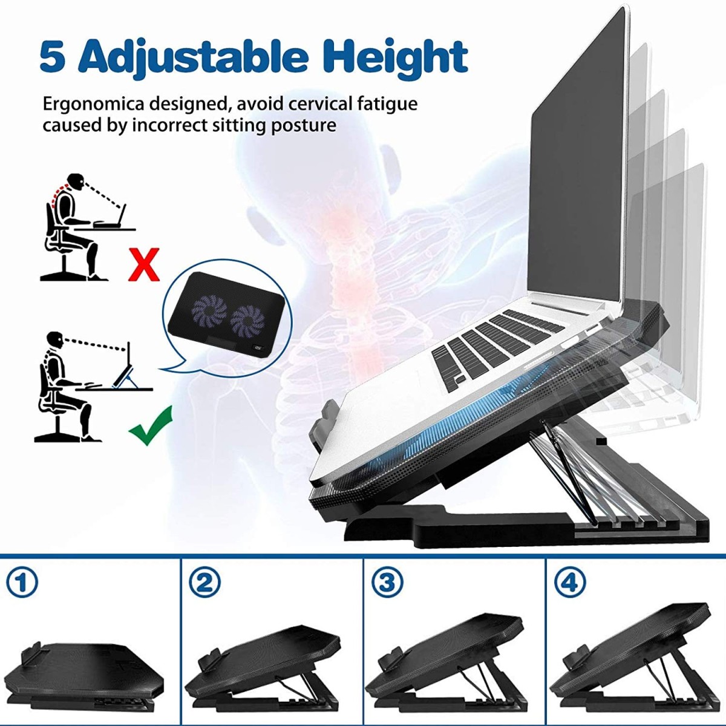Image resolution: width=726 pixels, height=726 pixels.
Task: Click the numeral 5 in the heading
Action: tap(53, 57)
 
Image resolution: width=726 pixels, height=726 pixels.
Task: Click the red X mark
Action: tap(144, 264)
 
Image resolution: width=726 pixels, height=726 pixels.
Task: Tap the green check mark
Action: tap(151, 426)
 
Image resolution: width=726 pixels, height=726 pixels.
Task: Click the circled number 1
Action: tap(22, 583)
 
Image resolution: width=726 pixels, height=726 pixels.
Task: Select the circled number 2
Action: tap(204, 583)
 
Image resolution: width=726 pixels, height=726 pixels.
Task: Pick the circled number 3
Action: tap(387, 583)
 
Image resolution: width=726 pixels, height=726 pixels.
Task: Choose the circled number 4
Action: tap(570, 583)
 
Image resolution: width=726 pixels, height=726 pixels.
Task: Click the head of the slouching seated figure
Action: tap(76, 181)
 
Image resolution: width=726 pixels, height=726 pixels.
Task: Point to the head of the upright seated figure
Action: tap(55, 339)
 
